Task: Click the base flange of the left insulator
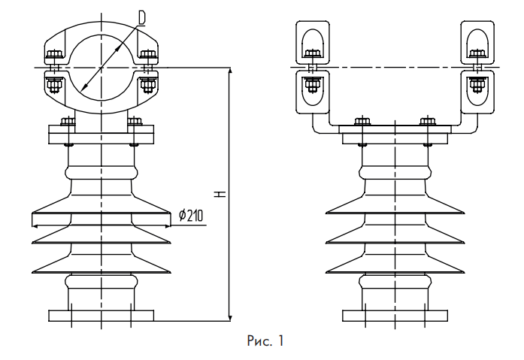click(x=101, y=315)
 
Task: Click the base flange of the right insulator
click(x=395, y=315)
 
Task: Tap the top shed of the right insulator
click(x=395, y=209)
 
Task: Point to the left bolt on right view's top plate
click(x=362, y=122)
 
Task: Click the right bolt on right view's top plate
click(x=427, y=122)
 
